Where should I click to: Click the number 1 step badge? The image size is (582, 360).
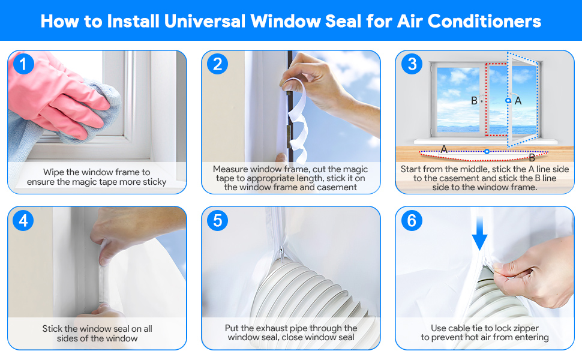23,64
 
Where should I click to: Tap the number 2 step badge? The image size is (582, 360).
217,64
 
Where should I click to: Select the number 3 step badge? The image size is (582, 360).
411,64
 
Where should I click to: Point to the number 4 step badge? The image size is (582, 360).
23,221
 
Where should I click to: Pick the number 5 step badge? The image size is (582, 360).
217,221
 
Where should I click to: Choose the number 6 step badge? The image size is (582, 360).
411,221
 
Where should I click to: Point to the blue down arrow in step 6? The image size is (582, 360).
479,239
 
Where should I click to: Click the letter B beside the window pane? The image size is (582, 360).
474,101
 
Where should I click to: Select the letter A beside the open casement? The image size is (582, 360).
518,101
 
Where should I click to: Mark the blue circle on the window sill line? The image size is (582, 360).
487,151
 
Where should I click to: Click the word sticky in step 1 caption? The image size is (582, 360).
152,182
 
